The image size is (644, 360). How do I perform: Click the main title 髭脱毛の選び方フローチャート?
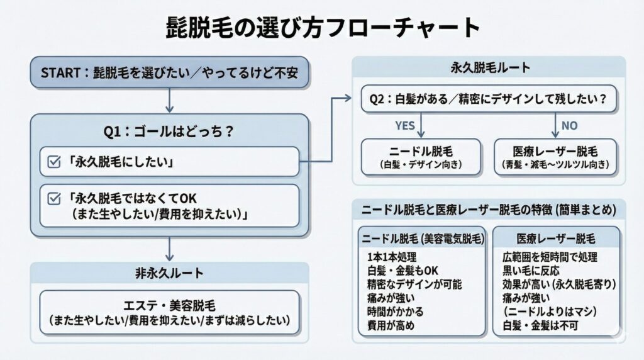click(322, 27)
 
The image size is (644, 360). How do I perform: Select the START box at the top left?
click(170, 72)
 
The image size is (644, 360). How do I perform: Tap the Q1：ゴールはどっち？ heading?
click(169, 132)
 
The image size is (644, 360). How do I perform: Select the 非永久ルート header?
click(170, 273)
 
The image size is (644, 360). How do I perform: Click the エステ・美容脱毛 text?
click(170, 307)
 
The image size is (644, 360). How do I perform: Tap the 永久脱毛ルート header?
click(489, 67)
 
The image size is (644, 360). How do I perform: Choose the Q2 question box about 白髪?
click(488, 99)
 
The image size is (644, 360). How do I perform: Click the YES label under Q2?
click(404, 125)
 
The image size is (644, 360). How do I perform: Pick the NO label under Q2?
click(569, 125)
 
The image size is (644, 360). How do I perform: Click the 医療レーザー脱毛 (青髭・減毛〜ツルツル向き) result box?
click(555, 157)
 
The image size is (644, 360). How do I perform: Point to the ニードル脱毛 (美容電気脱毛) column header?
click(421, 239)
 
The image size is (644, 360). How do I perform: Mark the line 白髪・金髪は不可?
click(540, 325)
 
